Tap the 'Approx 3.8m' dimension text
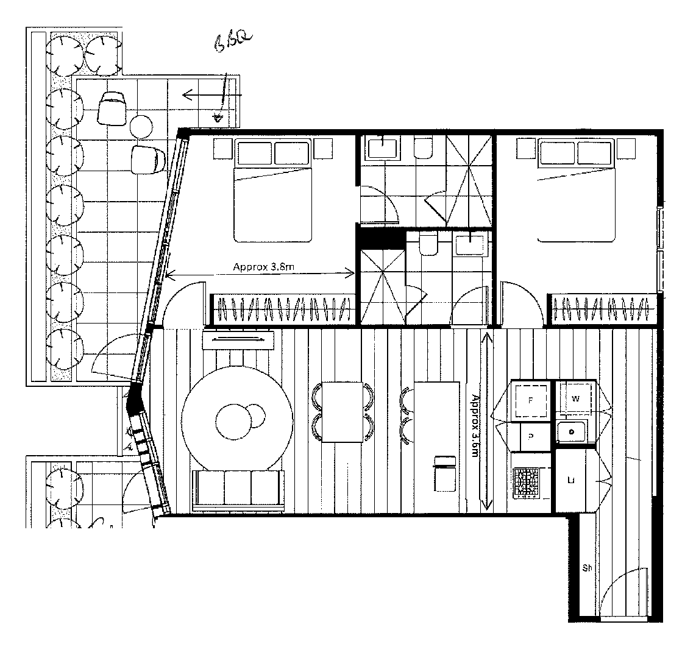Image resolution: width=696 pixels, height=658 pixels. click(261, 266)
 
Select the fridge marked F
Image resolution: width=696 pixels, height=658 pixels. click(530, 401)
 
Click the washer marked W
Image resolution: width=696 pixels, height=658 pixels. click(575, 400)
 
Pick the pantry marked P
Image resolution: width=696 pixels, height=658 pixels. click(530, 436)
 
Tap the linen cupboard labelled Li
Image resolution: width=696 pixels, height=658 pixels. click(572, 480)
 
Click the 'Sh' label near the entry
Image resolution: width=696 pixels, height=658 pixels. click(588, 568)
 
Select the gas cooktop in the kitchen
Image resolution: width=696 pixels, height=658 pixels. click(527, 483)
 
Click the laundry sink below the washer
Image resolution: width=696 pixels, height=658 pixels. click(572, 431)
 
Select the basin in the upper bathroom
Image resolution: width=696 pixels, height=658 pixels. click(381, 146)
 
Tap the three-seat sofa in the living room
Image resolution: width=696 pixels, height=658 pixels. click(238, 490)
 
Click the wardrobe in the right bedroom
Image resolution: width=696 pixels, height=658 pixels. click(603, 308)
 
